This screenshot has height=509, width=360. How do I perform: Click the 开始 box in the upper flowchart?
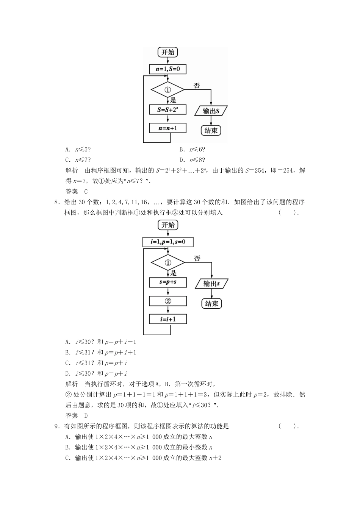168,52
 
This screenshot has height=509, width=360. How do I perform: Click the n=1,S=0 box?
167,69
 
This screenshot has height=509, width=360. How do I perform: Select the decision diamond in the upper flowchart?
167,90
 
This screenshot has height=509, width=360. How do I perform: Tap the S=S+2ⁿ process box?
167,110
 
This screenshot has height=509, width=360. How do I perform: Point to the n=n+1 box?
167,128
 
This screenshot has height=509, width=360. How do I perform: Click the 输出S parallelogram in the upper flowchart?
211,111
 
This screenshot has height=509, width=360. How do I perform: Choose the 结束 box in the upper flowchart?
211,131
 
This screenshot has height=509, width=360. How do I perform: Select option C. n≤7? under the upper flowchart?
78,160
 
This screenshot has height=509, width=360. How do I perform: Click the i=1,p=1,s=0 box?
168,242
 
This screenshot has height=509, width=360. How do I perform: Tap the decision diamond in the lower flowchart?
168,262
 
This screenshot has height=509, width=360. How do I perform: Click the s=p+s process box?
168,282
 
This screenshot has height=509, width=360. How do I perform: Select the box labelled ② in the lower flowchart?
168,301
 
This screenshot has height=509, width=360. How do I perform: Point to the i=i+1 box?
168,319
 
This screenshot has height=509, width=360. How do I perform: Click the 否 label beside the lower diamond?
197,258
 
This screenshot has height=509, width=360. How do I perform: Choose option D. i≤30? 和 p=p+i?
96,373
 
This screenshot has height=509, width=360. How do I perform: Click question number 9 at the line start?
56,426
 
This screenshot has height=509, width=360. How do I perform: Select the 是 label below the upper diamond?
173,100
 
